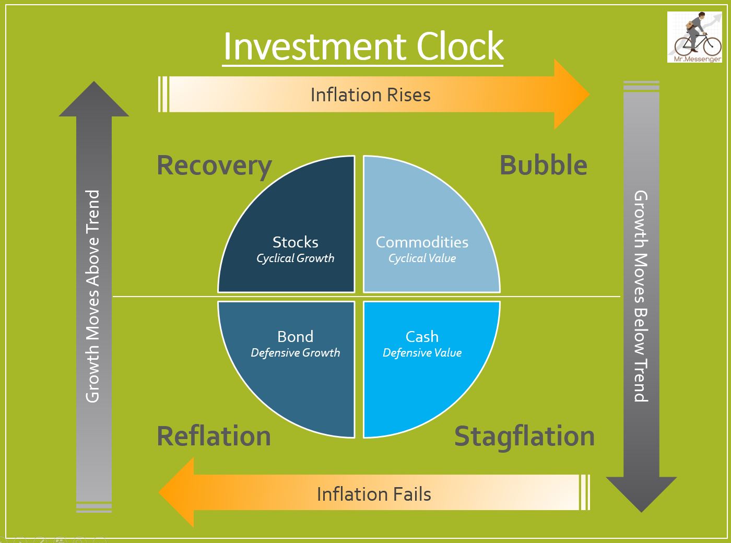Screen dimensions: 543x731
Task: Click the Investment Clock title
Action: click(x=363, y=46)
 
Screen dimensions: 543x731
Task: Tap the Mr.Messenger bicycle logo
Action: click(x=694, y=38)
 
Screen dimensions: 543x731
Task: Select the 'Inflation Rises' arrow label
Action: click(x=370, y=95)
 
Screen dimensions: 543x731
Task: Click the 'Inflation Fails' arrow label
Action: click(x=374, y=494)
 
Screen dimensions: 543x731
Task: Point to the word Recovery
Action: click(x=214, y=166)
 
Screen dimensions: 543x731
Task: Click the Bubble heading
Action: click(x=543, y=166)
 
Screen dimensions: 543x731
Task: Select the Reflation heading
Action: click(x=214, y=436)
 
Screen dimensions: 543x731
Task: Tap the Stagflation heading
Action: click(x=524, y=436)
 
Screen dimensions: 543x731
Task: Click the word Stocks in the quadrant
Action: click(x=295, y=242)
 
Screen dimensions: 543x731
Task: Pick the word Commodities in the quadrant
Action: click(x=422, y=242)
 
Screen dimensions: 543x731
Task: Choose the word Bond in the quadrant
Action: click(x=295, y=337)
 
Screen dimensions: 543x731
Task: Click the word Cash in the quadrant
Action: click(x=422, y=337)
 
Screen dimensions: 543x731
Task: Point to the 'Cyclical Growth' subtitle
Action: click(x=295, y=258)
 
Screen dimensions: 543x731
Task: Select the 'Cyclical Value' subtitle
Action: click(x=422, y=258)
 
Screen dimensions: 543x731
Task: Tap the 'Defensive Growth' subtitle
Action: click(x=295, y=353)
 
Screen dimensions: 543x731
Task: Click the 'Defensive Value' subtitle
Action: click(x=422, y=353)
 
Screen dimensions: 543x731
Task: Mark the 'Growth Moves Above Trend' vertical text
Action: click(x=93, y=296)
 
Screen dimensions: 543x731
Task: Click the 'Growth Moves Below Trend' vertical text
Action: click(x=641, y=296)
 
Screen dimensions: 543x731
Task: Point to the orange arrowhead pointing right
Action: click(x=571, y=95)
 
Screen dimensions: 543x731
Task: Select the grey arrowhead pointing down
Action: click(x=641, y=493)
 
